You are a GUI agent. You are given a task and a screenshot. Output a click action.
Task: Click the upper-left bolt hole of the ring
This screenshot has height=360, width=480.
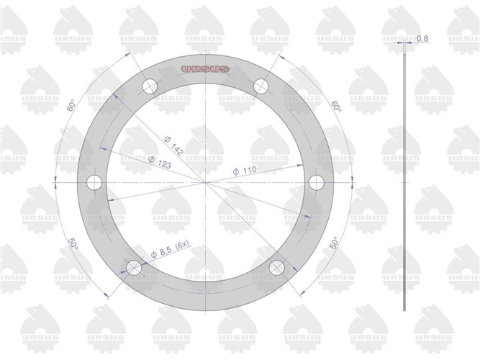[150, 87]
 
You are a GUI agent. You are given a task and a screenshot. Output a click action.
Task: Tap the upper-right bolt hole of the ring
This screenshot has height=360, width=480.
[261, 87]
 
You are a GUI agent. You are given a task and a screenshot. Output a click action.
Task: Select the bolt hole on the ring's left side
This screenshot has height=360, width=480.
[94, 183]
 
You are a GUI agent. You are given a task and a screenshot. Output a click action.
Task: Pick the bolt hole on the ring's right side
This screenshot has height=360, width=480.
[316, 183]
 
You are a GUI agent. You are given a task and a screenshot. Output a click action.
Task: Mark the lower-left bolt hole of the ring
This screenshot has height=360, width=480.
[134, 268]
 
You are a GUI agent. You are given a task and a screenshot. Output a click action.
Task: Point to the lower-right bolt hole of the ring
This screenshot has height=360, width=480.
[276, 268]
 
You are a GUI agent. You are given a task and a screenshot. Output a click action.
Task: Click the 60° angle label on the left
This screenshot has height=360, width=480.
[71, 106]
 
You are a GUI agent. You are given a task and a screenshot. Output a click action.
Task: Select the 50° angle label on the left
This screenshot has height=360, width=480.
[73, 245]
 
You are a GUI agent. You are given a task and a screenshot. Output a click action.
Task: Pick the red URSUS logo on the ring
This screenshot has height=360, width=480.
[205, 69]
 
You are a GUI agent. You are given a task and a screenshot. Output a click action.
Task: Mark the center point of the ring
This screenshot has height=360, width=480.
[205, 183]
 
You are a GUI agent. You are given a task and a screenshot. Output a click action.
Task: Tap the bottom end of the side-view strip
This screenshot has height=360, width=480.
[405, 310]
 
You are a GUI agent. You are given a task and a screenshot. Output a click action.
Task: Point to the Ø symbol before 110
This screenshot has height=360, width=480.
[236, 173]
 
